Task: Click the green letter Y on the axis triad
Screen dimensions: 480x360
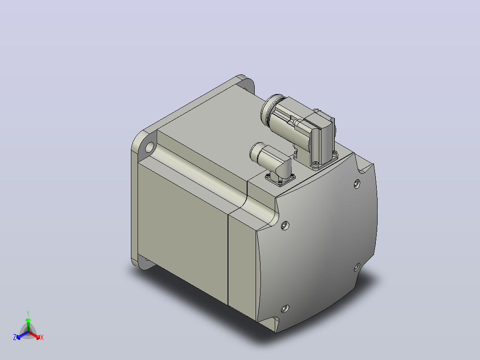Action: [x=28, y=313]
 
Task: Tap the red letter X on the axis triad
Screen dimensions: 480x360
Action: [x=42, y=337]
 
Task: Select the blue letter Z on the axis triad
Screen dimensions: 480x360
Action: [x=15, y=337]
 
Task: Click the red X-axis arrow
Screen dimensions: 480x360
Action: [x=34, y=335]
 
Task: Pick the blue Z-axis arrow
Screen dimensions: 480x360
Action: [x=22, y=335]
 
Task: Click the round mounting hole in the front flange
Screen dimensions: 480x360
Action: [x=150, y=147]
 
